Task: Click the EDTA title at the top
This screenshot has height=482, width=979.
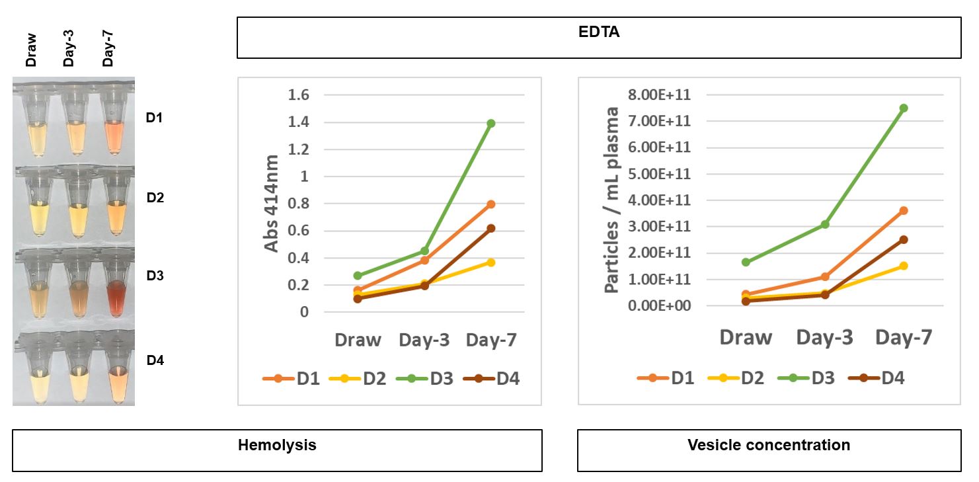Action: (599, 32)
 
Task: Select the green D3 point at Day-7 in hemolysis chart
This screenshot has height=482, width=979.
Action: (490, 123)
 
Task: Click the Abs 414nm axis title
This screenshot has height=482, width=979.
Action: (272, 203)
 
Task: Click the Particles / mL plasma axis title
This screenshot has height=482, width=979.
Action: (612, 199)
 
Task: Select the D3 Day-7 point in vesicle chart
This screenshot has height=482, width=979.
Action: (903, 108)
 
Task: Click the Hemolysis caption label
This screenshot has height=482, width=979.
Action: (277, 445)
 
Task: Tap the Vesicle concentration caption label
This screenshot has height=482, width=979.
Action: (769, 445)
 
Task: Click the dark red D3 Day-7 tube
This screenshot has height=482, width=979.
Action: (116, 294)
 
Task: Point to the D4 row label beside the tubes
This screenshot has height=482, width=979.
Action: (155, 360)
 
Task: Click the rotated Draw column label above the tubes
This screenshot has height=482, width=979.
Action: (31, 50)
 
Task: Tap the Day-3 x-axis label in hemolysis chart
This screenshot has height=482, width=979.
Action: (424, 340)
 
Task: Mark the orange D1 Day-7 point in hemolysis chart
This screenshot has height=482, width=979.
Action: (490, 204)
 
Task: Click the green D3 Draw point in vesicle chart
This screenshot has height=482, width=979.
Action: (746, 262)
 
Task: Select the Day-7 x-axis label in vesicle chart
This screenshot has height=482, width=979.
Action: (904, 337)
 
